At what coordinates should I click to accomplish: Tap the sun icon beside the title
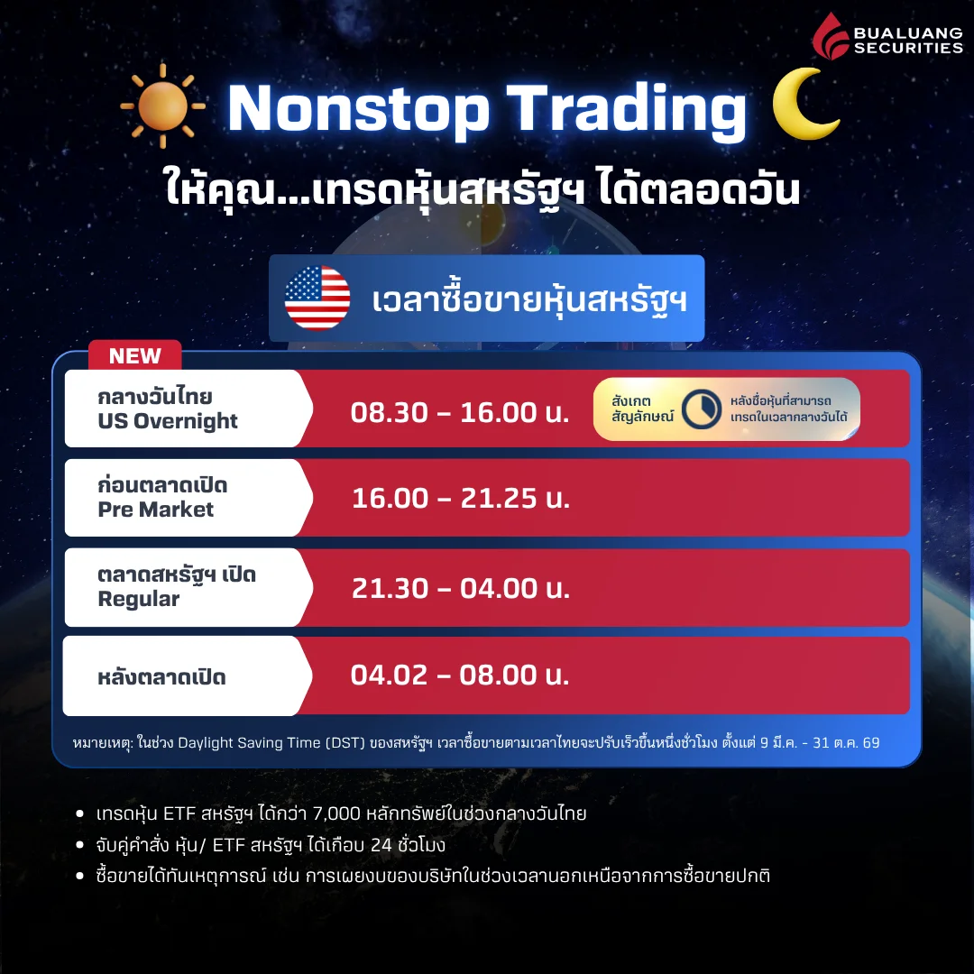click(x=162, y=106)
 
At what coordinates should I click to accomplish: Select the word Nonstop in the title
click(x=357, y=109)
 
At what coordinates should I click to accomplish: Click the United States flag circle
click(x=317, y=299)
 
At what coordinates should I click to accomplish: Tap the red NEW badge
click(x=134, y=355)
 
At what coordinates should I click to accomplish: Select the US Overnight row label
click(x=168, y=420)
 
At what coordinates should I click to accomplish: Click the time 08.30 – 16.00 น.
click(x=460, y=412)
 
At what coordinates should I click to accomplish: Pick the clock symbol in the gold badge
click(x=700, y=409)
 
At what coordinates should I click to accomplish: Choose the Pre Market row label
click(x=156, y=510)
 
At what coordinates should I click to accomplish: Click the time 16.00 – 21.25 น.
click(x=460, y=498)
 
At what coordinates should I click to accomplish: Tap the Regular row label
click(x=139, y=599)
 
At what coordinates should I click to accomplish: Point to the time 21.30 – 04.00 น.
click(x=460, y=588)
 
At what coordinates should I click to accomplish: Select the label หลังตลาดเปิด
click(x=162, y=677)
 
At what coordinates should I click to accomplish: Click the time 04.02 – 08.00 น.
click(x=460, y=675)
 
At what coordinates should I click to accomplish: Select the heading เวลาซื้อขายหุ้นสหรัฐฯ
click(x=529, y=299)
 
